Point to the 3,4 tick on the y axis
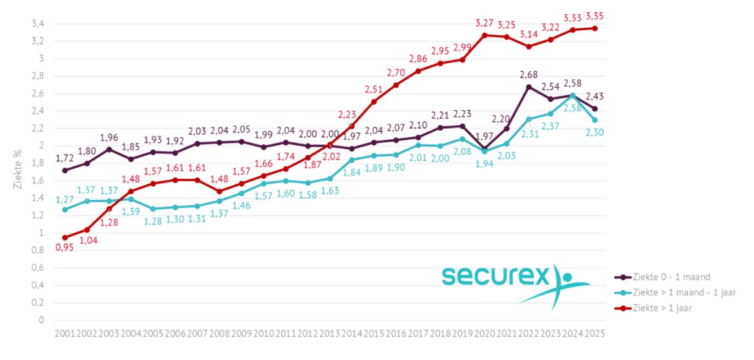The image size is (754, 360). coord(37,24)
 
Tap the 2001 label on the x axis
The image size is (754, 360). coord(65,333)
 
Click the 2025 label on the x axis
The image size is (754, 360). coord(594,333)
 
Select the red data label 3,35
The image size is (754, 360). coord(594,15)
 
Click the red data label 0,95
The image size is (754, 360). coord(64,249)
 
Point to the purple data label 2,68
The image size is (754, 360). coord(528,75)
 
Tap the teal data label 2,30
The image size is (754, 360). coord(595,132)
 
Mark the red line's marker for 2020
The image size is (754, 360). coord(484,35)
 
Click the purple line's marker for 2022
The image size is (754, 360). coord(528,87)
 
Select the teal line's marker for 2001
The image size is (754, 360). coord(65,210)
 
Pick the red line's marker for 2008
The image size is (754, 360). coord(220,191)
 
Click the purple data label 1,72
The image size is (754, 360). coord(64,159)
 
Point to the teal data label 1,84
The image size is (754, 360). coord(352,171)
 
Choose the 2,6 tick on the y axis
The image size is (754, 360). coord(37,94)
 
